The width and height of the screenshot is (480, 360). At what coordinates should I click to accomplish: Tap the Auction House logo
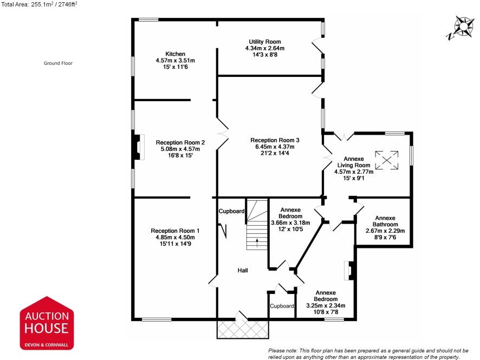pos(47,323)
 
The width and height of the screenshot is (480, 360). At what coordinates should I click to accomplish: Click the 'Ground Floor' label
pos(58,63)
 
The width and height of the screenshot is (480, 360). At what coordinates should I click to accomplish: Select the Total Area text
pos(39,4)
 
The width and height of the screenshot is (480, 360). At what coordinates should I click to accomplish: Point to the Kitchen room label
pos(176,54)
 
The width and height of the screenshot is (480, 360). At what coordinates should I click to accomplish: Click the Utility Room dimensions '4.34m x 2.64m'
pos(265,48)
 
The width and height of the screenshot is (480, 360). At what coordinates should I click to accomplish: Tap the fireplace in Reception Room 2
pos(138,147)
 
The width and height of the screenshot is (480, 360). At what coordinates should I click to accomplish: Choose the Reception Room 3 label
pos(275,140)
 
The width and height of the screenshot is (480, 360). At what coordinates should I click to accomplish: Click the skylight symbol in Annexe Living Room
pos(387,160)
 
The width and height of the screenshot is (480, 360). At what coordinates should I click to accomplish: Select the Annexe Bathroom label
pos(385,221)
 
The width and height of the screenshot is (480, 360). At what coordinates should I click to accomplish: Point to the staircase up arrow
pos(257,243)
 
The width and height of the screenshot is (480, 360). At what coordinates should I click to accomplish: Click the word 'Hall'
pos(243,270)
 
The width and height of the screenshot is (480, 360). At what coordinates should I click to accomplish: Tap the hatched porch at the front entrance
pos(243,330)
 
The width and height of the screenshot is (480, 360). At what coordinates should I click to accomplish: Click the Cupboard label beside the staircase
pos(231,211)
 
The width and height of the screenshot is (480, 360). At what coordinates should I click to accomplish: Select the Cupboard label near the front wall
pos(282,306)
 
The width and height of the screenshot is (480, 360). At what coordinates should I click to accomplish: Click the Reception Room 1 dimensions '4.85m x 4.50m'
pos(175,237)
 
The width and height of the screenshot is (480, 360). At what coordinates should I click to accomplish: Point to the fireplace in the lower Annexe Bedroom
pos(349,270)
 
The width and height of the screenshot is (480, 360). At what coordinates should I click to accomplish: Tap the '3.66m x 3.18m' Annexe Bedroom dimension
pos(290,222)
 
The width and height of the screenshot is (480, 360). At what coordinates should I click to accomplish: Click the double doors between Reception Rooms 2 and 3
pos(223,133)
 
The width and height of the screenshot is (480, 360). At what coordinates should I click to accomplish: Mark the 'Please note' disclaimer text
pos(368,354)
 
